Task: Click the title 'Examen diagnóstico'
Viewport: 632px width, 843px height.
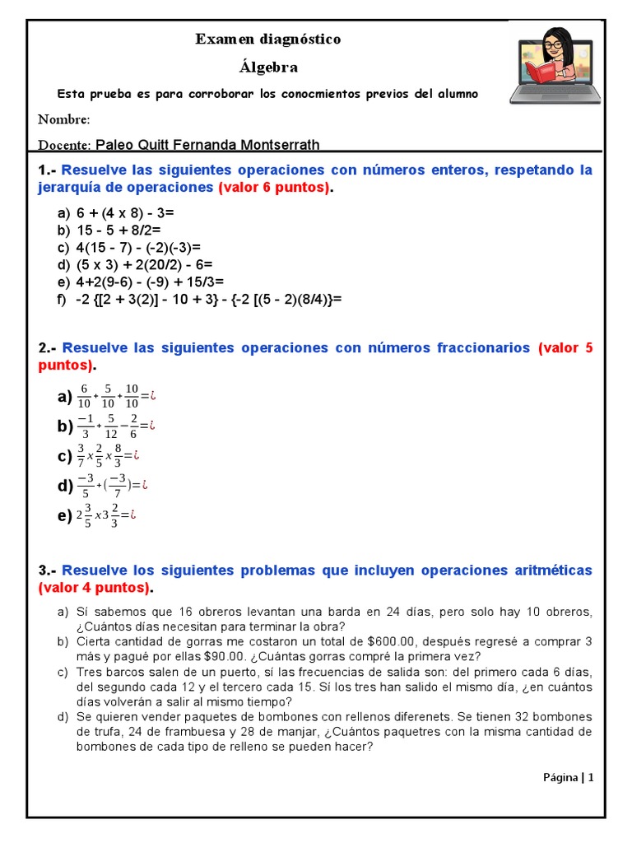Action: [267, 40]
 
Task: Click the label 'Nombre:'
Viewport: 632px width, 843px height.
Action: [64, 119]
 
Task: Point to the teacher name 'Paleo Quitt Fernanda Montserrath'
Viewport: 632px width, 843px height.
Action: [207, 145]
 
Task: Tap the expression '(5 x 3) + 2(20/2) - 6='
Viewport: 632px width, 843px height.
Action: [145, 265]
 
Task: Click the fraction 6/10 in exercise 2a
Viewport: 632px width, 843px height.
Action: [84, 397]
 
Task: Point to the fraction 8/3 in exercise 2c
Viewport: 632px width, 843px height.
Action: [118, 455]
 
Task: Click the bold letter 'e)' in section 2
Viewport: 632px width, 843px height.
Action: [65, 516]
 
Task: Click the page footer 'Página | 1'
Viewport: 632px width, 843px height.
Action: [568, 777]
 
